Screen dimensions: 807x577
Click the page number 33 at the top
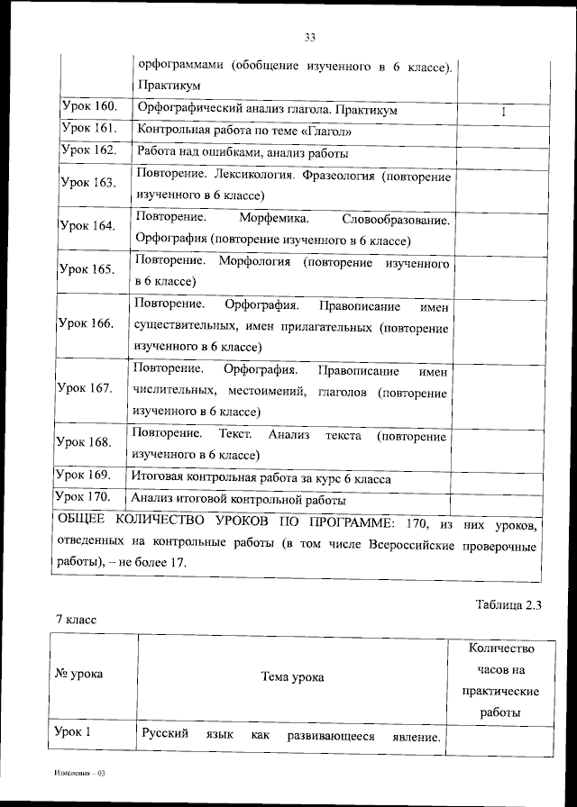[x=309, y=37]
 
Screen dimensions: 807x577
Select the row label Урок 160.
[x=89, y=107]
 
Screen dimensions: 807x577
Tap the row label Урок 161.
[x=89, y=128]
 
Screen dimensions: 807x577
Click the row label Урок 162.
[x=89, y=150]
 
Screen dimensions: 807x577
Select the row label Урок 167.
[x=85, y=388]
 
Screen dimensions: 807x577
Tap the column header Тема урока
[x=292, y=676]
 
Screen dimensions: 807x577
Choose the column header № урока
[x=79, y=673]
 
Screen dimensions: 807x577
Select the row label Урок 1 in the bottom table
[x=76, y=732]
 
